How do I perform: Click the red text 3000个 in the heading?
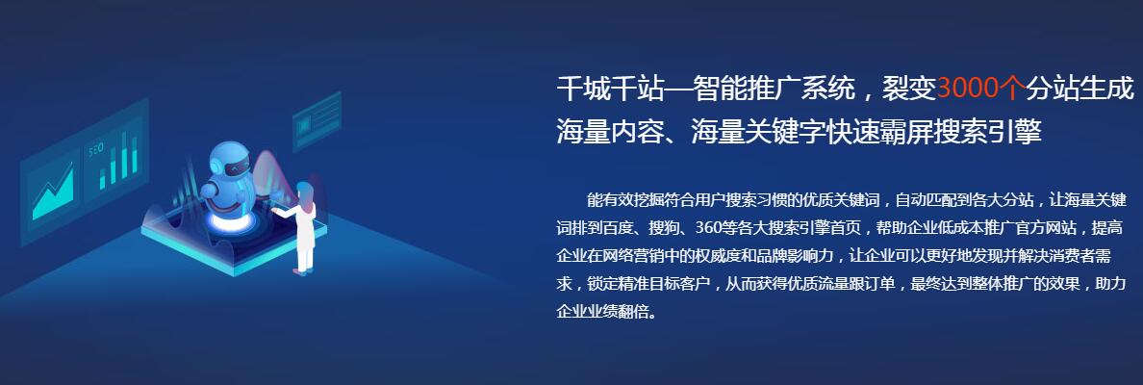tap(981, 89)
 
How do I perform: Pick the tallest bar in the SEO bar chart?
tap(124, 155)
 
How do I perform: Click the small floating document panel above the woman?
tap(317, 121)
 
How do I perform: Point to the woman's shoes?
tap(302, 271)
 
